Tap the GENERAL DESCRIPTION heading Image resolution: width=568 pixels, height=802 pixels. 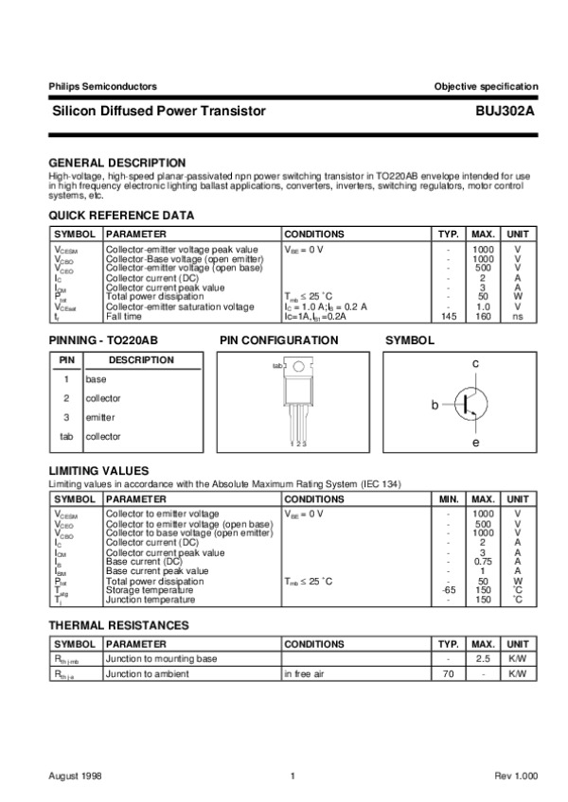[x=116, y=163]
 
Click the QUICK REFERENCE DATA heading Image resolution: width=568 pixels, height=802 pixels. [x=121, y=216]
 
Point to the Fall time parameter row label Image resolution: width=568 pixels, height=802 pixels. [x=124, y=317]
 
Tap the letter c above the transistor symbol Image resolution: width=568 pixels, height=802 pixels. [x=476, y=364]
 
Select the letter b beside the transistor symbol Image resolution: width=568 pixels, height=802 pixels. [x=435, y=405]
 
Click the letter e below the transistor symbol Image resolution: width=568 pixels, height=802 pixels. [x=476, y=444]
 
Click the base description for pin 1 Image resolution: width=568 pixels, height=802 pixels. [x=96, y=379]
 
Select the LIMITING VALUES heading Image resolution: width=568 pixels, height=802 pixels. [x=98, y=470]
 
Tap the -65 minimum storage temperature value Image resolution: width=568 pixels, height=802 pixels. [x=448, y=591]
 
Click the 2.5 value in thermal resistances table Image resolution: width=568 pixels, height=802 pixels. [x=483, y=658]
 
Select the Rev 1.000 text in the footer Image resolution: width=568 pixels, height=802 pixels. [x=516, y=776]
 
